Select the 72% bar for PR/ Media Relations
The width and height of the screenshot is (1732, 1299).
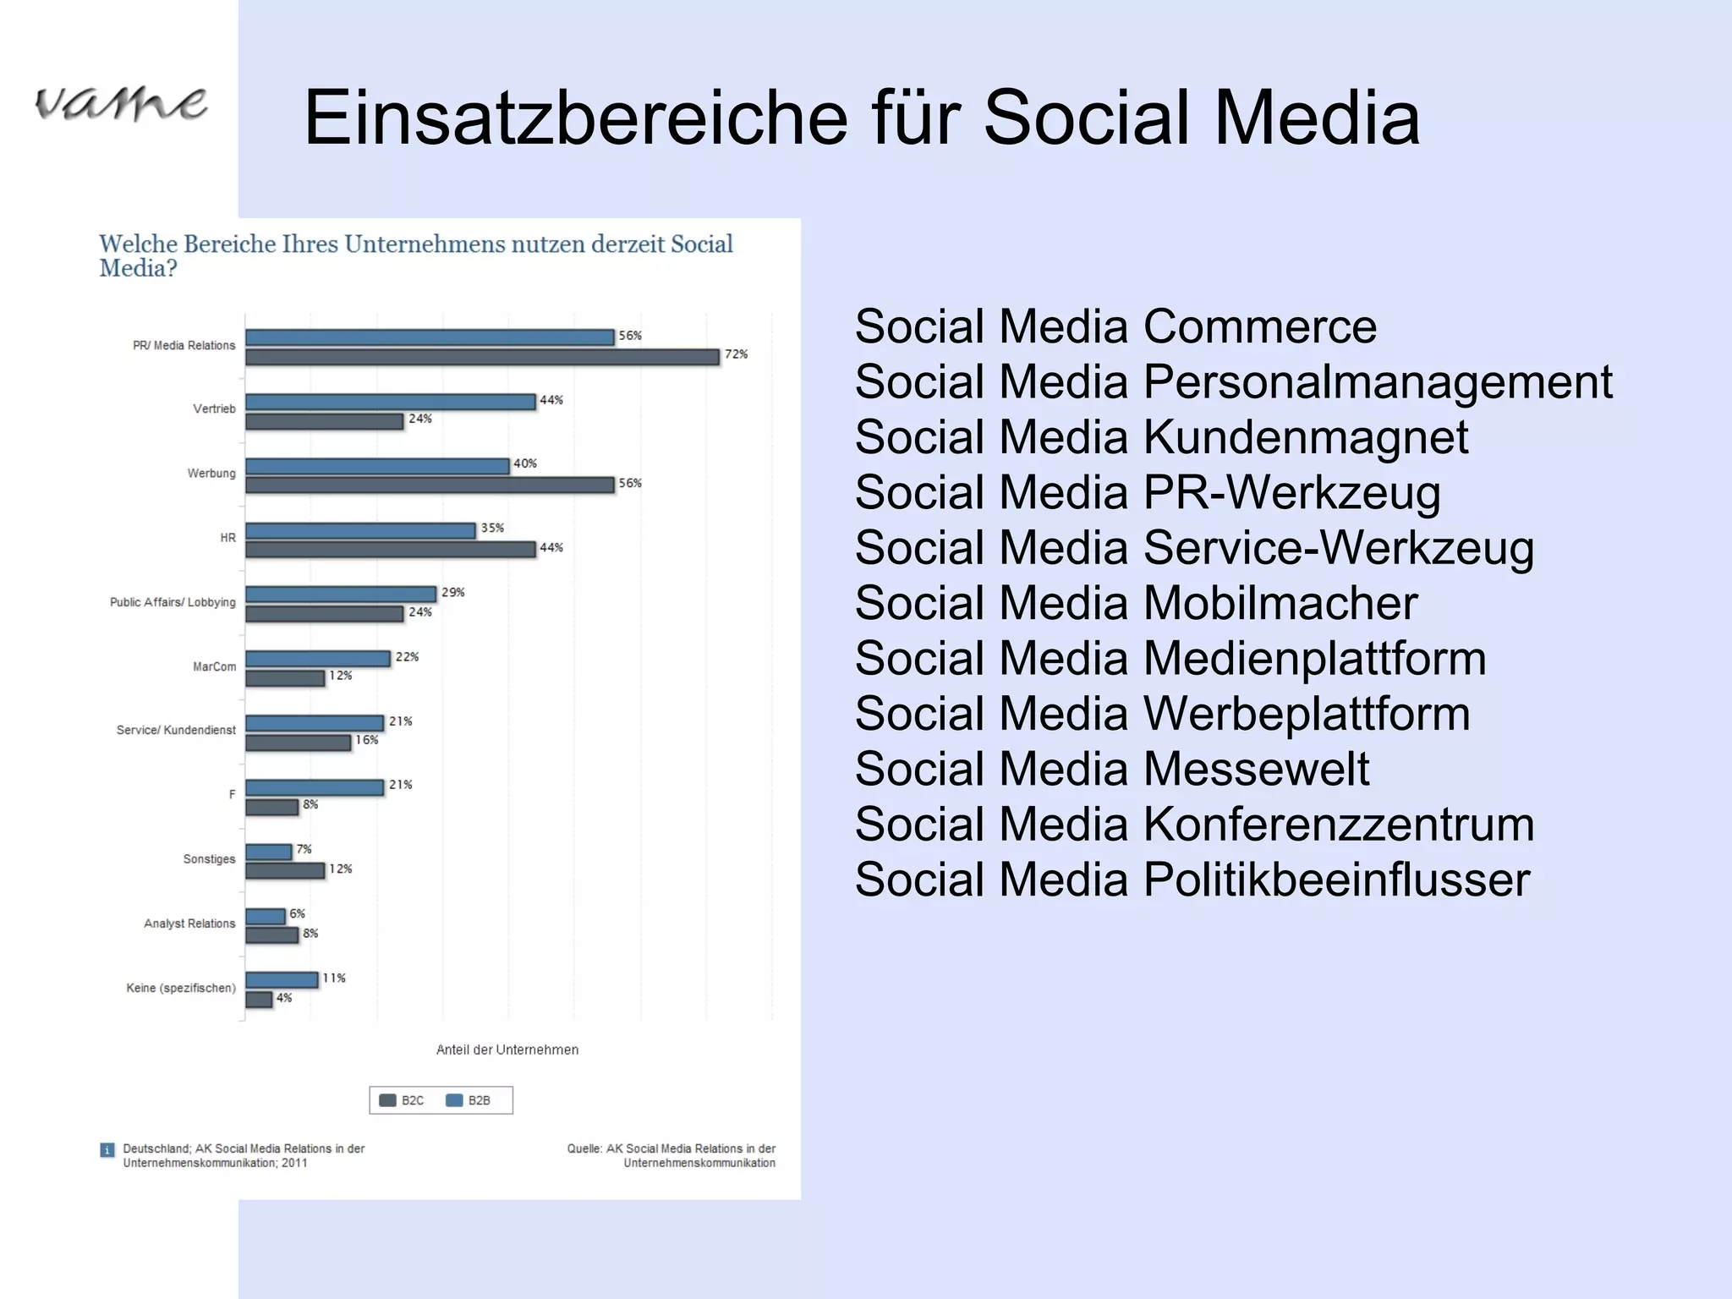tap(482, 357)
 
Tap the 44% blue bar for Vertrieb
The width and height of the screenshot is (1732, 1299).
tap(390, 402)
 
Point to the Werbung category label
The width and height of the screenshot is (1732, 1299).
tap(211, 473)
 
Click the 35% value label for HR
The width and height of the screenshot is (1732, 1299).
tap(492, 528)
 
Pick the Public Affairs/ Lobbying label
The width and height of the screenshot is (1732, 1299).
tap(173, 602)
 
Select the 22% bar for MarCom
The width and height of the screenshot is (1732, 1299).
tap(318, 659)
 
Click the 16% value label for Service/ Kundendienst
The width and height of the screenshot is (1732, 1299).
tap(367, 740)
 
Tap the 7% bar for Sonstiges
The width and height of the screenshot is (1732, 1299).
tap(269, 852)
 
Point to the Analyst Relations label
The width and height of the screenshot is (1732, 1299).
tap(189, 924)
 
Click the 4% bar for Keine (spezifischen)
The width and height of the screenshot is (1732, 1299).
tap(259, 1000)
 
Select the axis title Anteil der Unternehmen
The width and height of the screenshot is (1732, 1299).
tap(507, 1050)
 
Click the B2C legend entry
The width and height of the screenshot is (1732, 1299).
tap(403, 1100)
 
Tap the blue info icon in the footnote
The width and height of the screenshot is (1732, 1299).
tap(107, 1150)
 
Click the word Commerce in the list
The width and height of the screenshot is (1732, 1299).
tap(1260, 326)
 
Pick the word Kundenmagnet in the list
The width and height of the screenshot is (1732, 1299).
tap(1306, 437)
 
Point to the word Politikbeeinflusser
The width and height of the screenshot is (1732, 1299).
tap(1336, 880)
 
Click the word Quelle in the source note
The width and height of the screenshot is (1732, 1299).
tap(584, 1148)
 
